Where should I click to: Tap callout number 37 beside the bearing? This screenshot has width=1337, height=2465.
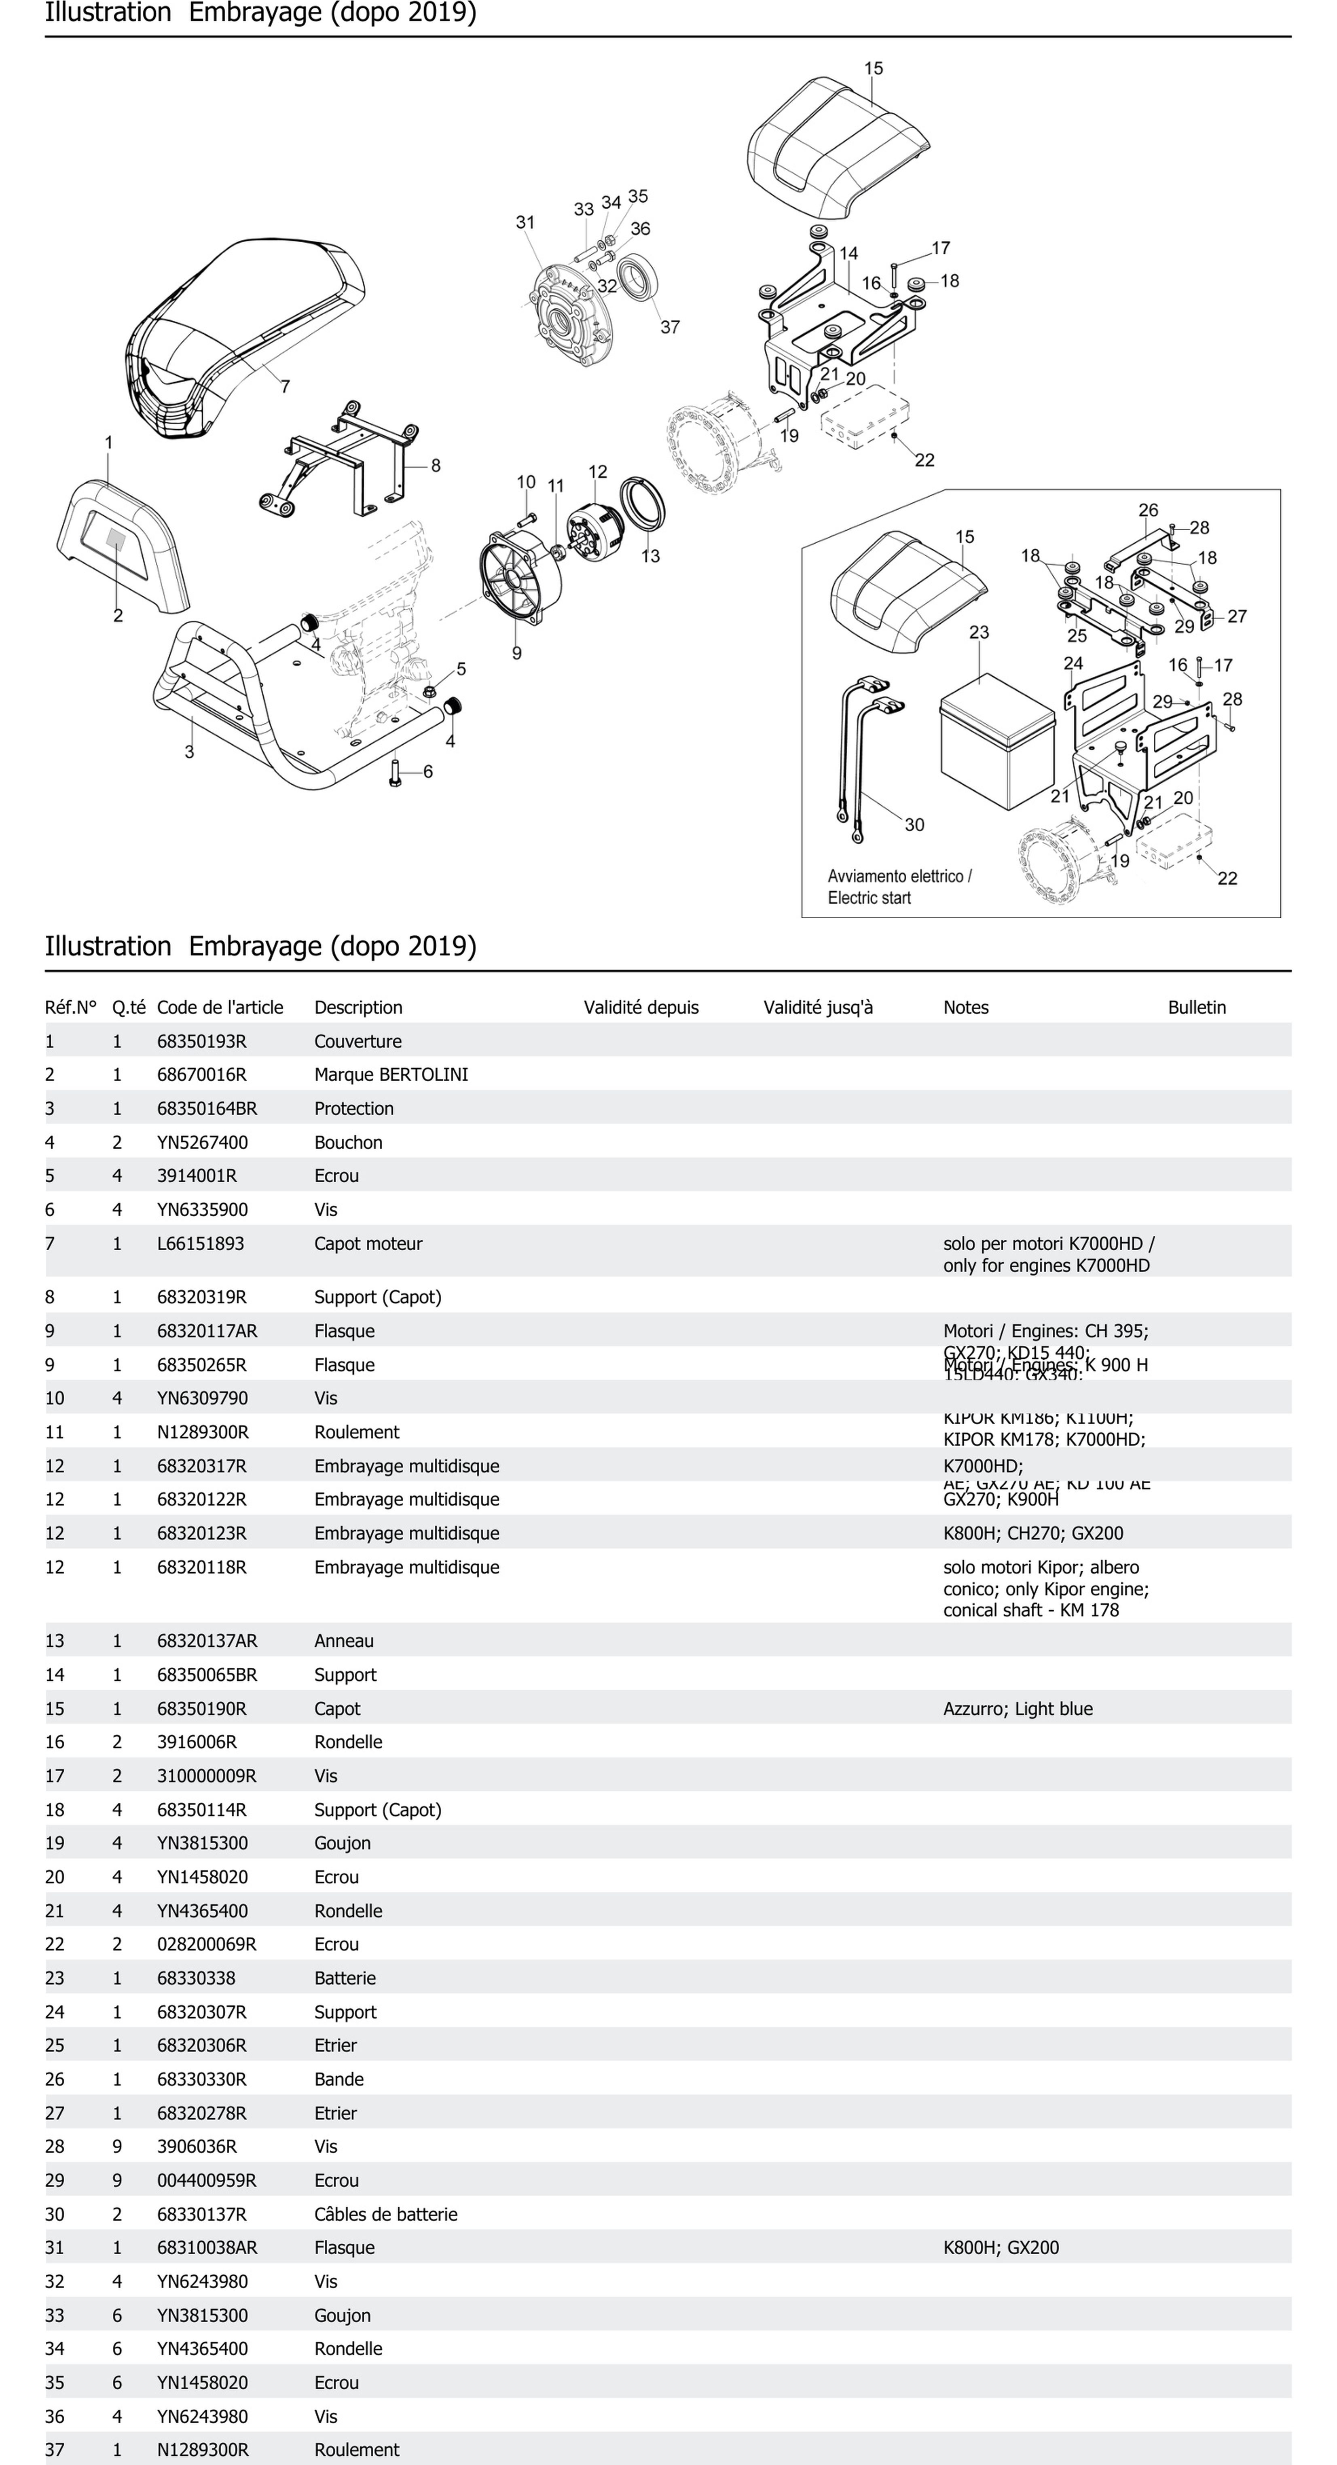click(x=670, y=327)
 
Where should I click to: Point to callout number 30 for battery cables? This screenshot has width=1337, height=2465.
click(x=914, y=825)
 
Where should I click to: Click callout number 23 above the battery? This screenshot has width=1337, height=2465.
click(x=979, y=633)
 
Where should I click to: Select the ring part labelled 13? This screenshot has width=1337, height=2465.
click(x=641, y=503)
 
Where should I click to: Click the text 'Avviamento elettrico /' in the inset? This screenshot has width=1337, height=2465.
click(x=900, y=877)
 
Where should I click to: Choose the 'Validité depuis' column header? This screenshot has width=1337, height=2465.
click(x=641, y=1008)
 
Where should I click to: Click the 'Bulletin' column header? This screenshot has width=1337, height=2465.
click(x=1196, y=1008)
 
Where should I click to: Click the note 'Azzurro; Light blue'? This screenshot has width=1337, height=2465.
click(x=1018, y=1709)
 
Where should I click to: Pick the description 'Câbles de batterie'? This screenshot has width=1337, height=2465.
click(x=386, y=2214)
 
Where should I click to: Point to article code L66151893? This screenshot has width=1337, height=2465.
click(x=200, y=1244)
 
